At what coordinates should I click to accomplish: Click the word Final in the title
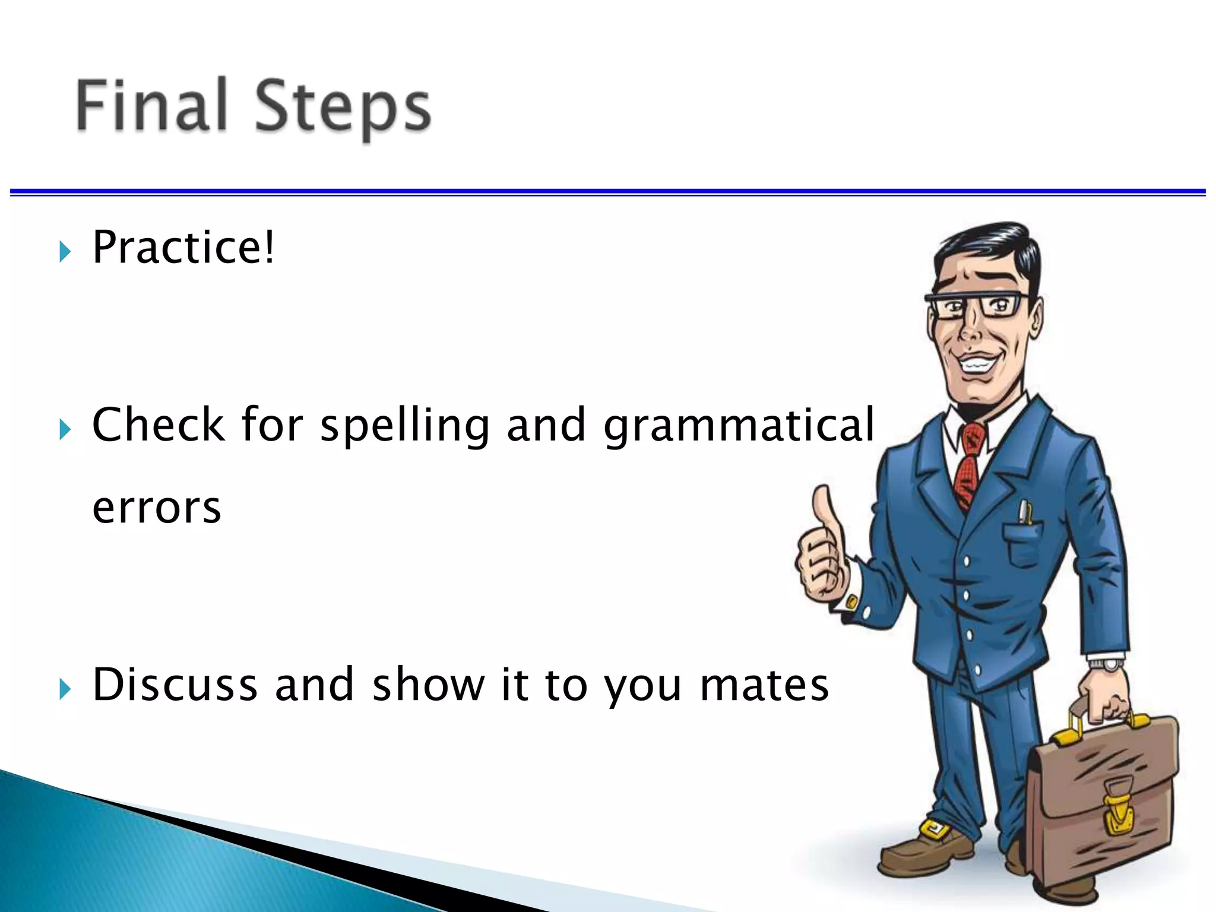[x=151, y=105]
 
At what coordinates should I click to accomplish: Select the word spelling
[x=405, y=426]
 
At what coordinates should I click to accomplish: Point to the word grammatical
[x=739, y=426]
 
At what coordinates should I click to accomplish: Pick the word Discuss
[x=175, y=684]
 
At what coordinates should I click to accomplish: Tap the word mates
[x=764, y=685]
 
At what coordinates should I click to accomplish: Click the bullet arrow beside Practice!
[x=65, y=252]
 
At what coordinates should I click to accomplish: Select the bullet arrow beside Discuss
[x=65, y=690]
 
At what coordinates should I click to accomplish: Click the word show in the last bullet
[x=428, y=684]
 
